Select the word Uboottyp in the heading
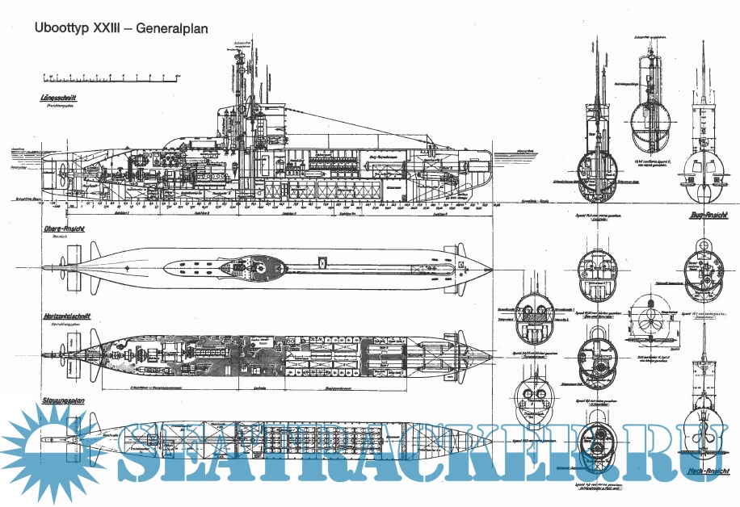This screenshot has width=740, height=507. (x=59, y=28)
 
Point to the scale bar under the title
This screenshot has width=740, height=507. (x=108, y=78)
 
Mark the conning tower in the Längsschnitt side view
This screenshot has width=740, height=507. (x=242, y=121)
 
